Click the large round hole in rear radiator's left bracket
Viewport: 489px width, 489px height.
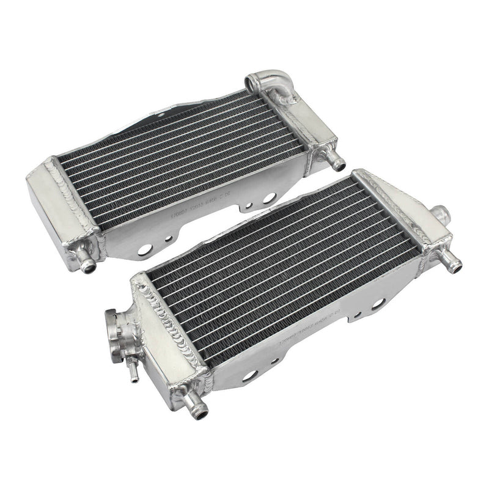145,249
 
